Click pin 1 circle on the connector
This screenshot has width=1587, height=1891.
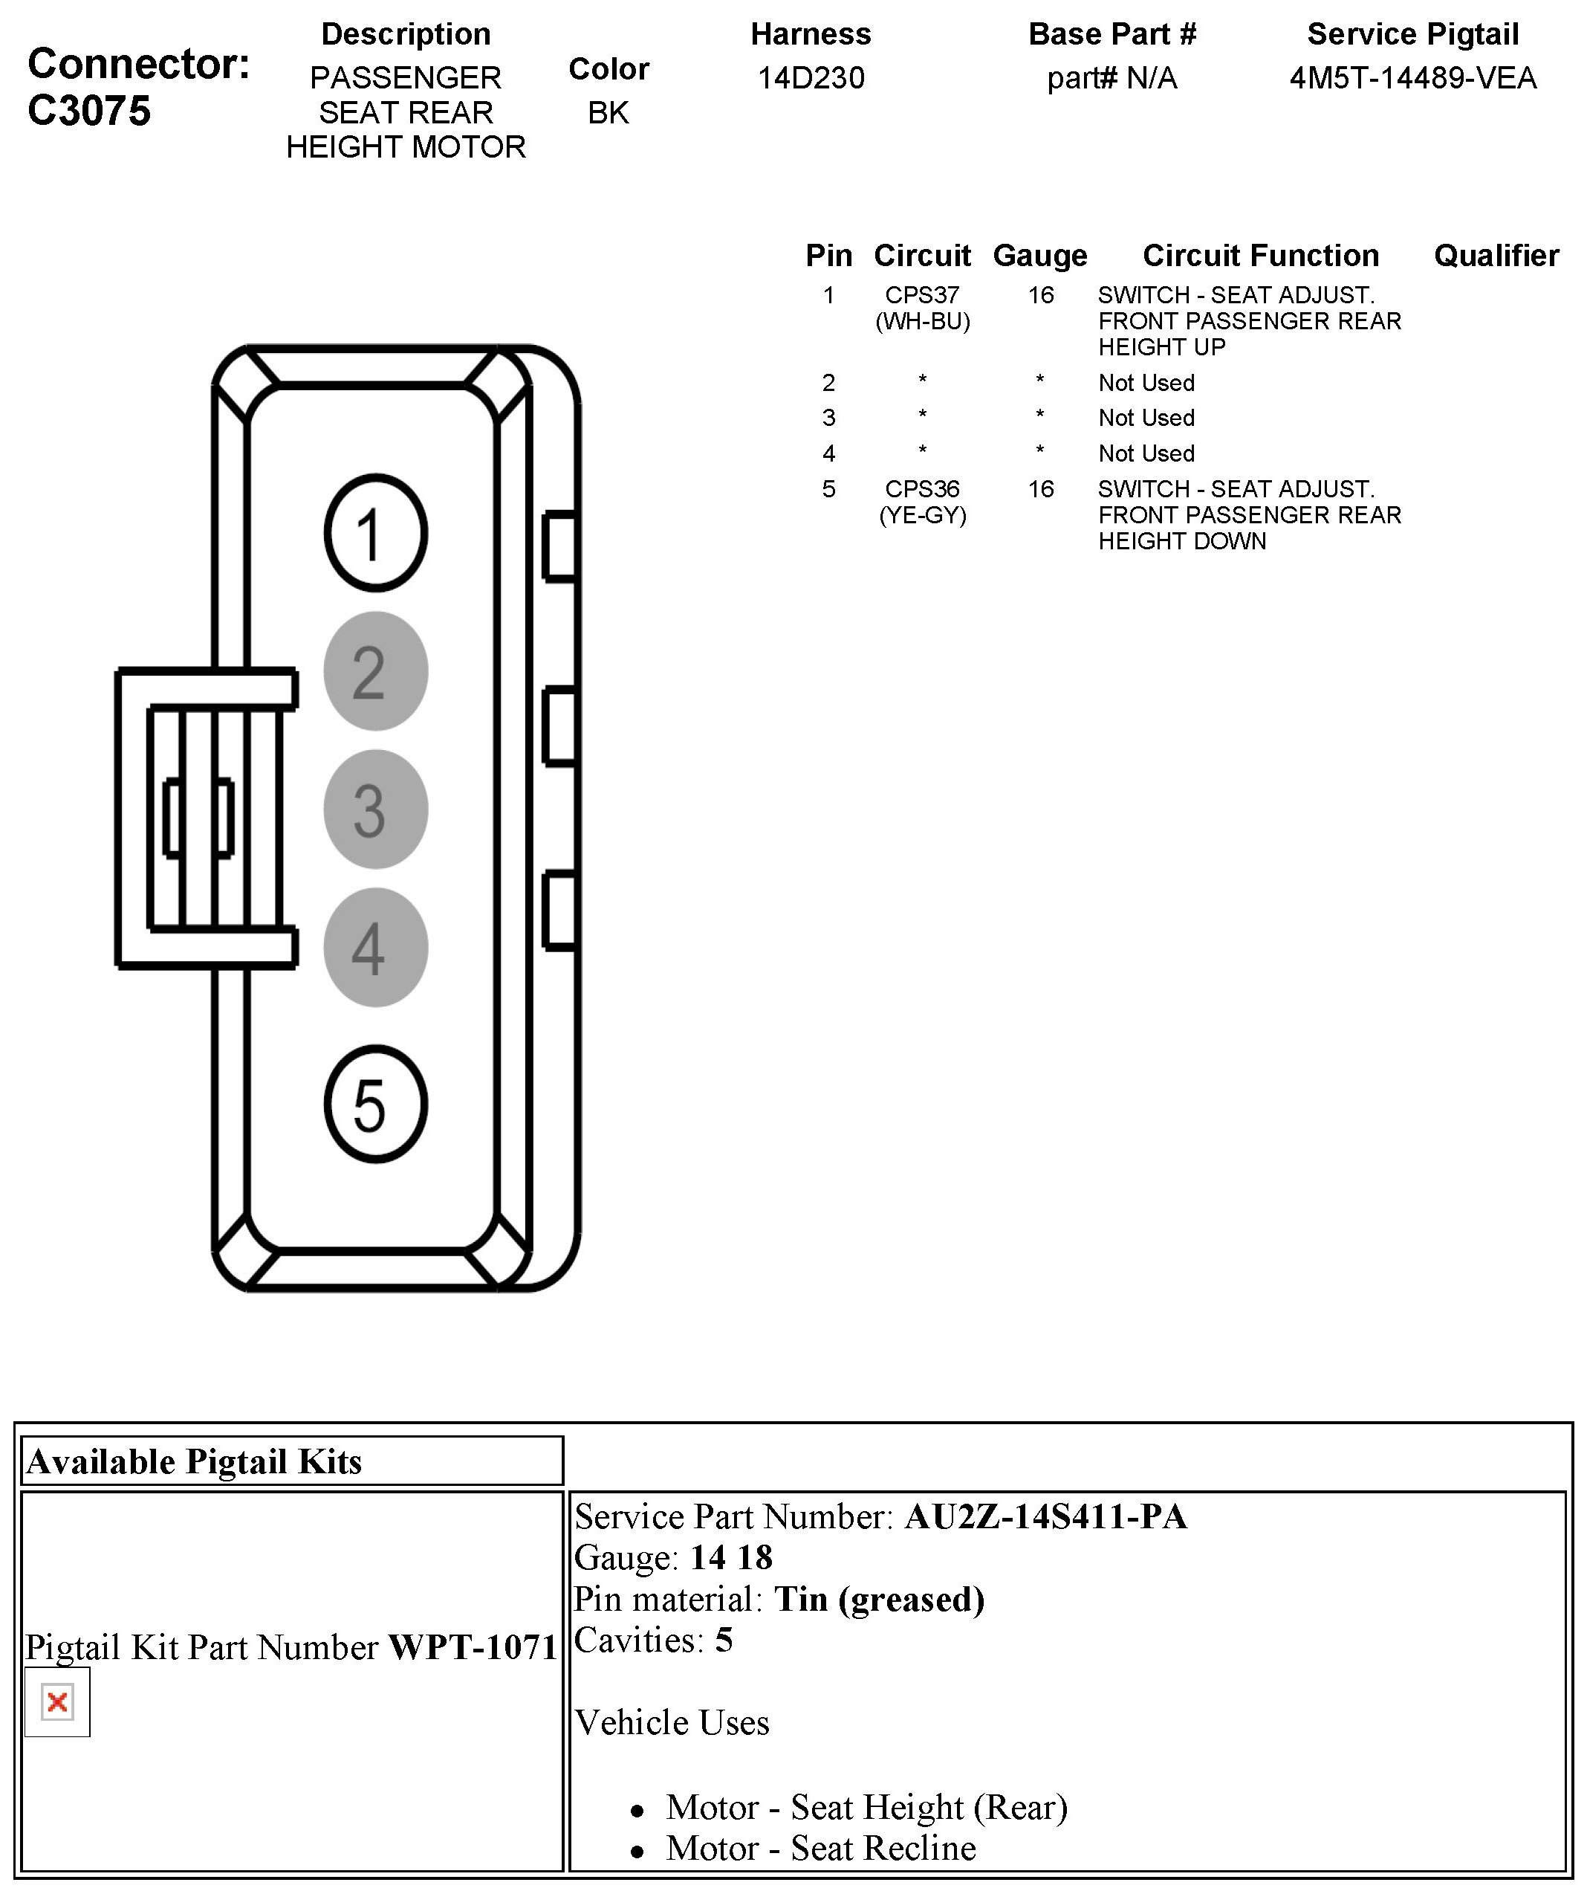[x=374, y=533]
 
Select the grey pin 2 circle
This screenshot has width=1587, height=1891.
[x=374, y=671]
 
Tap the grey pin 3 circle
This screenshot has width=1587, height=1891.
[x=374, y=809]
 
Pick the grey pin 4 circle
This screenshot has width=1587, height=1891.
[x=374, y=947]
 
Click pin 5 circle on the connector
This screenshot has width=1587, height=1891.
[x=374, y=1104]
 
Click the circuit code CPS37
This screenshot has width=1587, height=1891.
[x=922, y=294]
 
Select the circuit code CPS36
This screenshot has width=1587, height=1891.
[x=922, y=489]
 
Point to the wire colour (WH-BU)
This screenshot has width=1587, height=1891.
[x=922, y=321]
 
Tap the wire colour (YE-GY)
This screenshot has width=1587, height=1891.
[x=922, y=515]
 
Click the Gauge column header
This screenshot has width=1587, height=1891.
[x=1039, y=256]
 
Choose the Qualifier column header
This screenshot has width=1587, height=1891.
[x=1496, y=256]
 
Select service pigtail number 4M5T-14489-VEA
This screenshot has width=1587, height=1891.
[x=1412, y=78]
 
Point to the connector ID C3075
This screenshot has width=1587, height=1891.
[x=89, y=111]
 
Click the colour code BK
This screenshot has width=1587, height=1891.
[x=608, y=112]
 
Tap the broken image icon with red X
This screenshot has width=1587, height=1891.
[x=56, y=1702]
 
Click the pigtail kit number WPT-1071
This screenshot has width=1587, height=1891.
[x=473, y=1647]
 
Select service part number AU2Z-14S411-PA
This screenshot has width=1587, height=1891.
[x=1045, y=1516]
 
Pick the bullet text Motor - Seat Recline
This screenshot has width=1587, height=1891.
[x=820, y=1848]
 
